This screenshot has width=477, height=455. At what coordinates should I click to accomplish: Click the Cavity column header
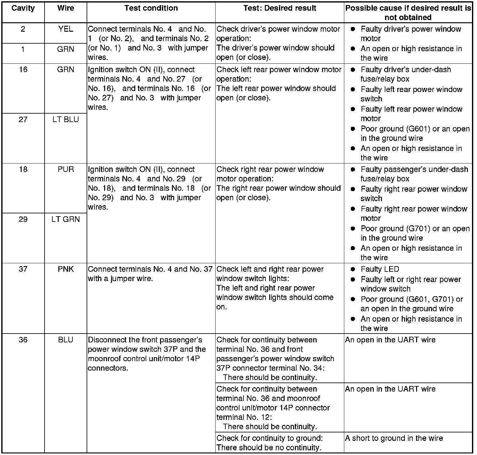click(x=23, y=8)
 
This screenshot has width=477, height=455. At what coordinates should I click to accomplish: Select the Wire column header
click(x=66, y=8)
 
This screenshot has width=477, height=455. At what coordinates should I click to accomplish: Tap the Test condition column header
click(x=151, y=8)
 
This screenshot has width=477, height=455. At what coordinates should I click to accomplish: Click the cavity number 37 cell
click(x=23, y=269)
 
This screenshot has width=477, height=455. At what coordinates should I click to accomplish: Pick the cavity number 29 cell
click(x=23, y=219)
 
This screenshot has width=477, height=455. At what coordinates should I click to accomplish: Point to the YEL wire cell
click(x=66, y=29)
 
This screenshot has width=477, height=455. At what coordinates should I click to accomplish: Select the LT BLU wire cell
click(x=66, y=120)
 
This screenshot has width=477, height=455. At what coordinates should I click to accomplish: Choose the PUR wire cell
click(x=66, y=169)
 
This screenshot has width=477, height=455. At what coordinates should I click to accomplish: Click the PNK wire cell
click(x=66, y=269)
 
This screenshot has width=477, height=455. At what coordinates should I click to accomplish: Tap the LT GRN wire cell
click(x=66, y=219)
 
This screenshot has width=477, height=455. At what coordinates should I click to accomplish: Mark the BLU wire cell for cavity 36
click(x=66, y=340)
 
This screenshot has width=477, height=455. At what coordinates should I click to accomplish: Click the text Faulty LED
click(x=380, y=269)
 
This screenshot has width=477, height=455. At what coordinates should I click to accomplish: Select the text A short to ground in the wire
click(x=394, y=438)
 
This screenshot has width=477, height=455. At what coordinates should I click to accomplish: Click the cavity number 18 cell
click(x=23, y=169)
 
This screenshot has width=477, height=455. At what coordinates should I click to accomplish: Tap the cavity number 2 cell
click(x=23, y=29)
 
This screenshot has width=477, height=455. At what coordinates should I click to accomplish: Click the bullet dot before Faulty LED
click(x=353, y=269)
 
